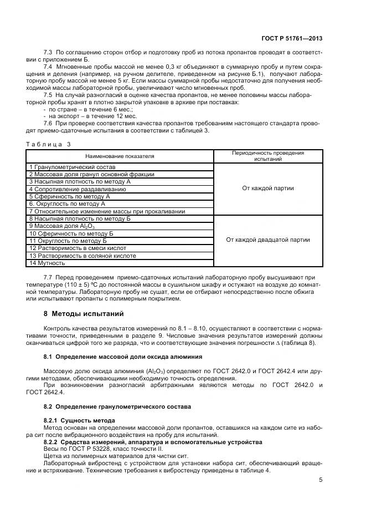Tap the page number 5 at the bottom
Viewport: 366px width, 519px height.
coord(321,480)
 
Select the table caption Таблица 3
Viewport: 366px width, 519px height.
coord(49,144)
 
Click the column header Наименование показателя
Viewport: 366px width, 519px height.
coord(120,156)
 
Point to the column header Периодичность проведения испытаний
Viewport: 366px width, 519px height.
coord(268,156)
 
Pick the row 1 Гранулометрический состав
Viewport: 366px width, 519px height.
coord(73,167)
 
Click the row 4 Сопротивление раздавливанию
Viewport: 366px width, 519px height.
coord(78,189)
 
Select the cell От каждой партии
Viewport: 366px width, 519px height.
coord(268,189)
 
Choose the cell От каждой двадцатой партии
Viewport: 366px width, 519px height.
coord(268,240)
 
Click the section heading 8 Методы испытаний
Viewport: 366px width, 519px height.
coord(83,313)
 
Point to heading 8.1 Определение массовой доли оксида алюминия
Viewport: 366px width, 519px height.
coord(122,356)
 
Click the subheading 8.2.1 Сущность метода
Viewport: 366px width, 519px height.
coord(79,420)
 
